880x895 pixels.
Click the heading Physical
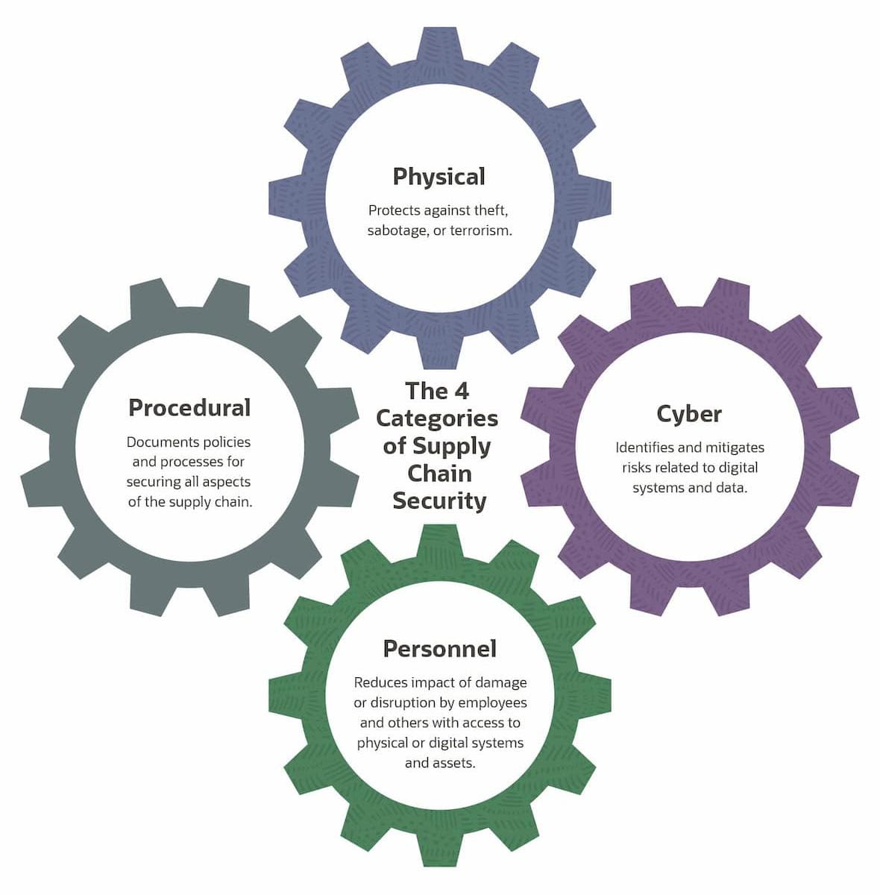[439, 177]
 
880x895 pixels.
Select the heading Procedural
[189, 408]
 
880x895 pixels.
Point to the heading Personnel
[439, 648]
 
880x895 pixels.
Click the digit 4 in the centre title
[462, 391]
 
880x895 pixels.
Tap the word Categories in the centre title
[437, 419]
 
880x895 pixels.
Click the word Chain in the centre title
[439, 474]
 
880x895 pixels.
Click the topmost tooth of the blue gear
[440, 45]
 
